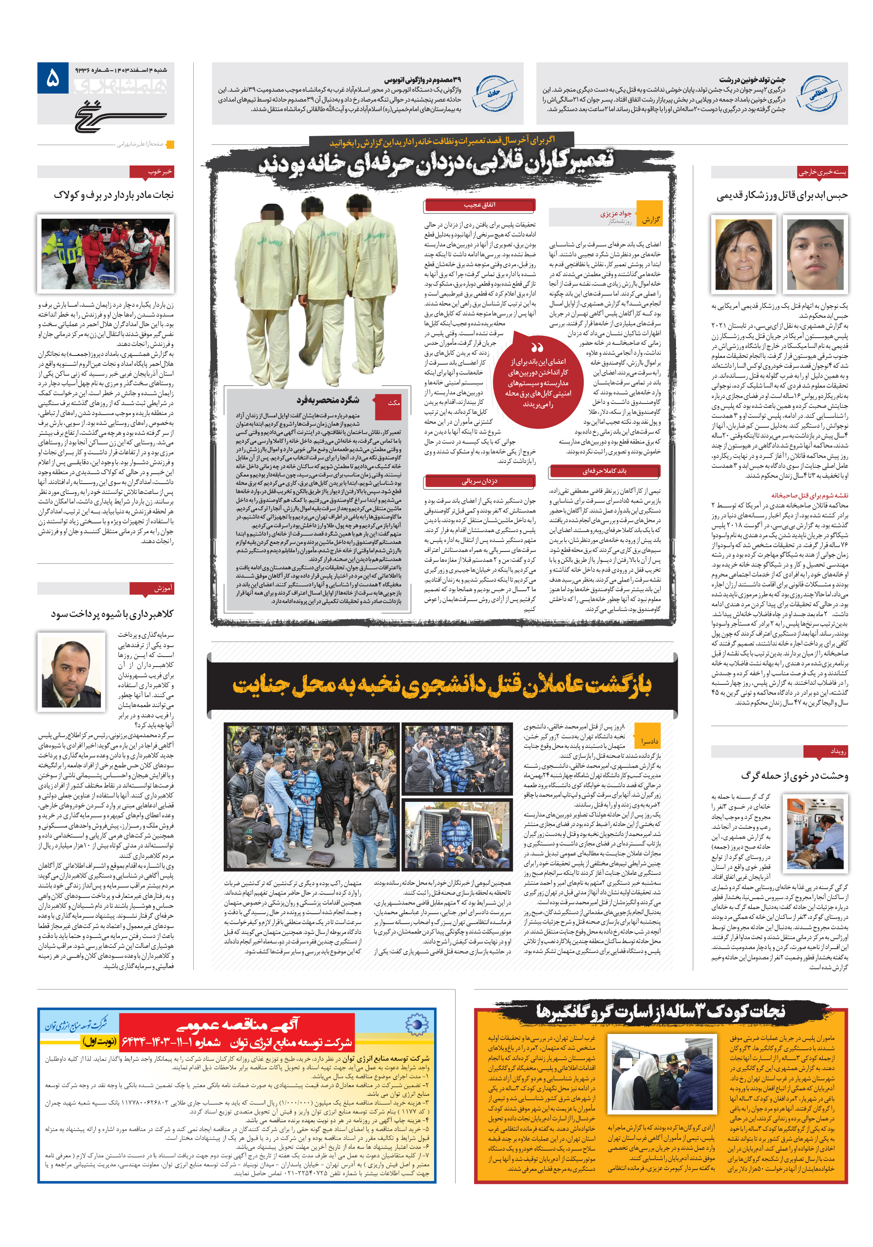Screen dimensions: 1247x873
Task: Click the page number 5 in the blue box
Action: pyautogui.click(x=53, y=78)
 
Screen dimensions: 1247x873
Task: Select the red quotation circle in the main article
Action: pyautogui.click(x=538, y=379)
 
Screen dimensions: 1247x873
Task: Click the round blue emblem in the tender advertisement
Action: pyautogui.click(x=418, y=1024)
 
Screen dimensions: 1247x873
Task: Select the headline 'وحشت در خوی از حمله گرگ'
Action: pyautogui.click(x=794, y=776)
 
